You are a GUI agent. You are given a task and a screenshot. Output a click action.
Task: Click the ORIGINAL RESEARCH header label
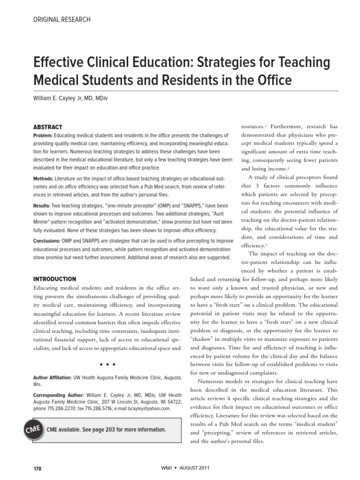61,20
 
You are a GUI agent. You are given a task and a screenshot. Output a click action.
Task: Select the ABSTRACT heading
48,127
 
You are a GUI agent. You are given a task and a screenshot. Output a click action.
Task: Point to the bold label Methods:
43,179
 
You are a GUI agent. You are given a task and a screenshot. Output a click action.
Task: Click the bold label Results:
42,206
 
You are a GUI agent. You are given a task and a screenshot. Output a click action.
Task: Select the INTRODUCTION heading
55,279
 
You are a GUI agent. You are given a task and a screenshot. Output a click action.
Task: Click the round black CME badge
32,430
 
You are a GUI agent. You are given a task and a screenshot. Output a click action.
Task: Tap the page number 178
37,469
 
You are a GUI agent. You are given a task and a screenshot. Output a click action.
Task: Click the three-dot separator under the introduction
108,364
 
